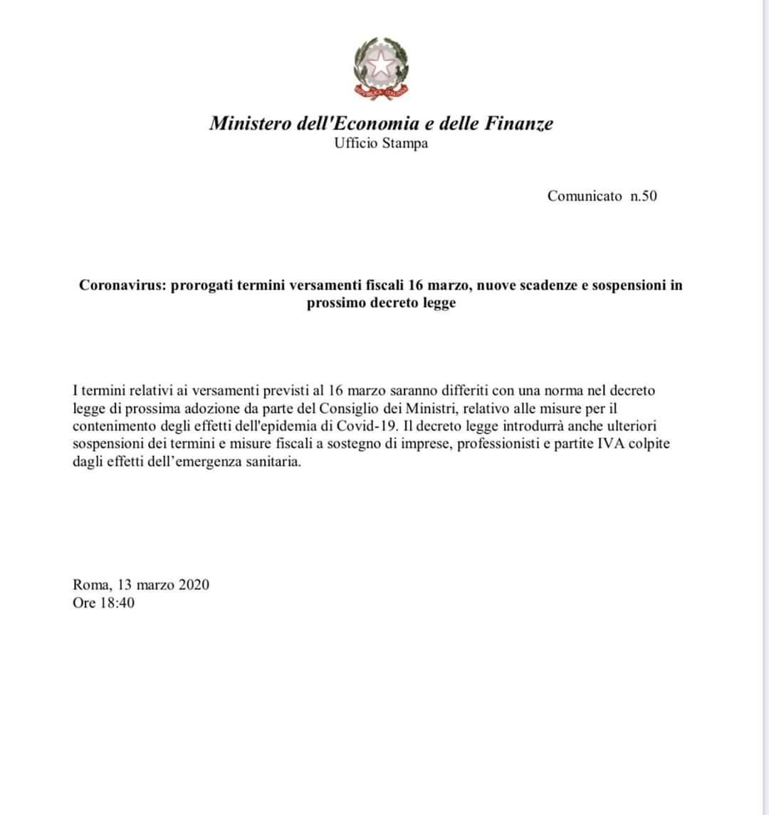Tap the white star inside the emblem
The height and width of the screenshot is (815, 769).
pos(382,65)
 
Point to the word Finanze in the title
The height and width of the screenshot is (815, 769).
pos(518,123)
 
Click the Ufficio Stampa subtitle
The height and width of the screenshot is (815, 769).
pos(381,143)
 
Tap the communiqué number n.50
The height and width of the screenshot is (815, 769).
pos(644,196)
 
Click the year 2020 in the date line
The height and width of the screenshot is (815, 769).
pos(194,585)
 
